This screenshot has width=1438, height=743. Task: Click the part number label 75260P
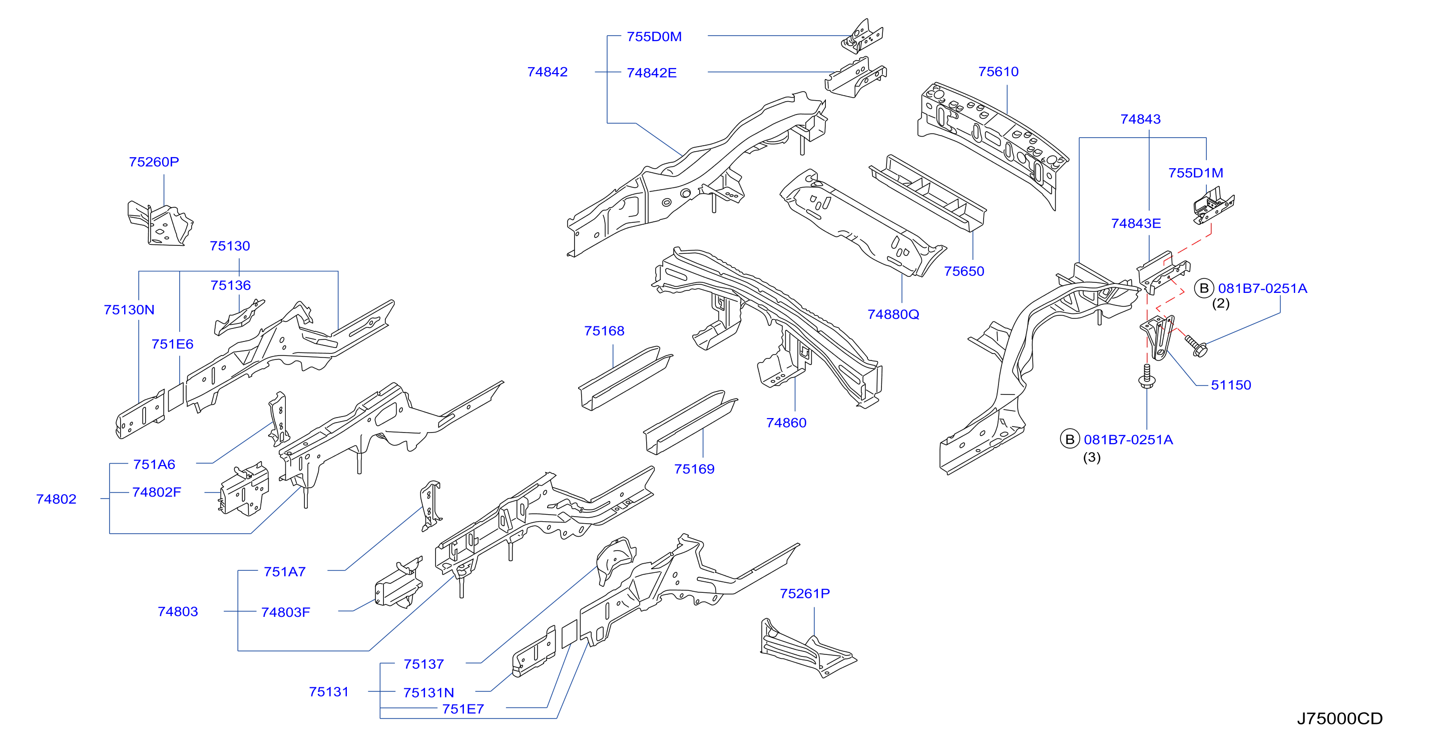(x=154, y=162)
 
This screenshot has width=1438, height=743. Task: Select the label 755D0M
(x=654, y=37)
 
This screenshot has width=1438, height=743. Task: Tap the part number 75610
(x=998, y=72)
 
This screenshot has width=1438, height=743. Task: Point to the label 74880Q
(x=892, y=314)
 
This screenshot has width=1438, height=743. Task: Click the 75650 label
(x=964, y=271)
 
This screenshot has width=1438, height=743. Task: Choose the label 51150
(x=1230, y=385)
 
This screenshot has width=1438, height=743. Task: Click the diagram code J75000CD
(x=1339, y=718)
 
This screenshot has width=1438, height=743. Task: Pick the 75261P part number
(x=804, y=593)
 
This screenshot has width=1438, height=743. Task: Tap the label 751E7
(x=463, y=709)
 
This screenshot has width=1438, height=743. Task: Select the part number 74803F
(x=285, y=612)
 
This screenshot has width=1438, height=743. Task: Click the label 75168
(x=604, y=331)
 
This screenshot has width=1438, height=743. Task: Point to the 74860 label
(x=786, y=423)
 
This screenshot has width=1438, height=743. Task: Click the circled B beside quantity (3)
(x=1070, y=439)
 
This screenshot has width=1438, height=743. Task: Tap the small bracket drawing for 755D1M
(x=1214, y=205)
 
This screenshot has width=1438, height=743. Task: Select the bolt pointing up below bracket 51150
(x=1147, y=376)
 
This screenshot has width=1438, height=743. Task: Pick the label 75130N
(x=129, y=310)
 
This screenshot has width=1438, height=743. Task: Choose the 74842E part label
(x=652, y=73)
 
